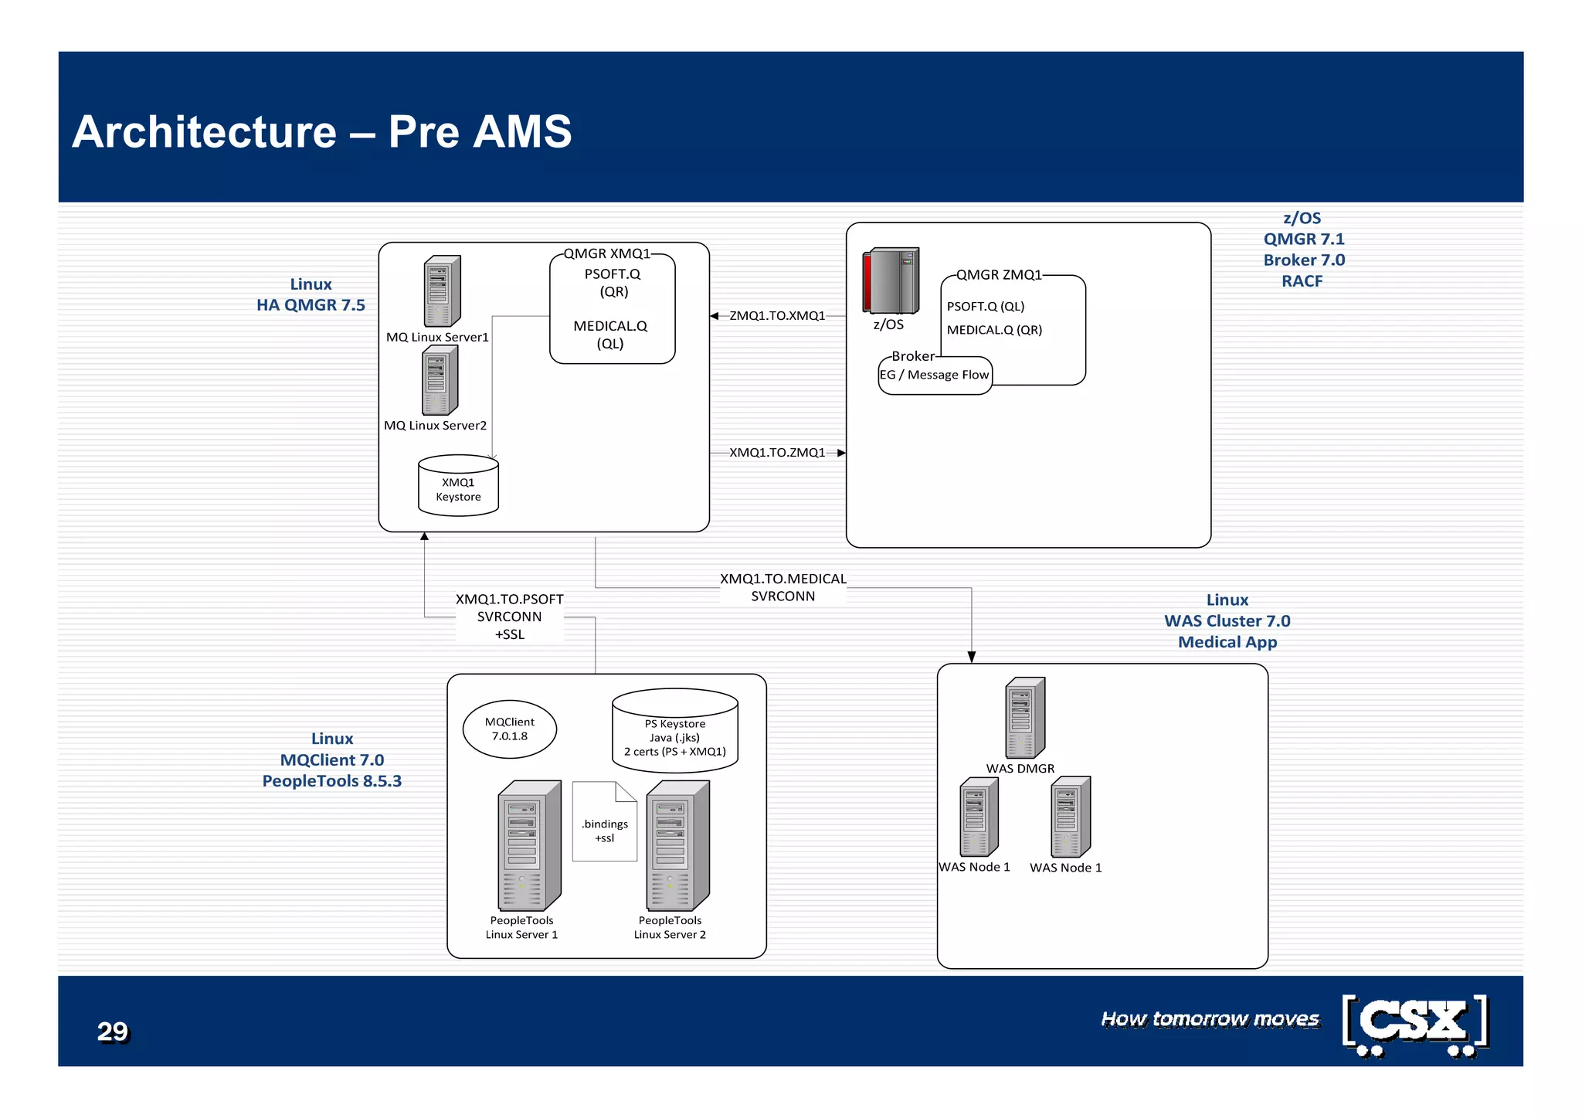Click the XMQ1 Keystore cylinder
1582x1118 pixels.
pos(458,486)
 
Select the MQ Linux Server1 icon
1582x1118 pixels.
pos(442,291)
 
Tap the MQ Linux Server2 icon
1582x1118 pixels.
pos(440,381)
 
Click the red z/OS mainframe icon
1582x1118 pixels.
pos(891,280)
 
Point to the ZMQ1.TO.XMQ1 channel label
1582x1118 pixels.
pos(777,316)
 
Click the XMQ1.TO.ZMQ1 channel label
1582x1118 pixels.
pos(777,453)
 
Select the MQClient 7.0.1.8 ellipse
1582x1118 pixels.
pos(510,729)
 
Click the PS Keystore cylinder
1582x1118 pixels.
pos(675,732)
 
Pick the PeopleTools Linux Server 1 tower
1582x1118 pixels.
pos(529,846)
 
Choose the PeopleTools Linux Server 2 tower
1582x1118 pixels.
pos(677,846)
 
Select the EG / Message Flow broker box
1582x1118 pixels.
pos(935,375)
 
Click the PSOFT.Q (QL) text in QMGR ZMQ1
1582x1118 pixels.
pos(986,307)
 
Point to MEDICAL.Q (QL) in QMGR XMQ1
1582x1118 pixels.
pos(610,335)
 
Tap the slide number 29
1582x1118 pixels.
pos(113,1031)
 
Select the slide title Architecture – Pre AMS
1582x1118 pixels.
pos(322,131)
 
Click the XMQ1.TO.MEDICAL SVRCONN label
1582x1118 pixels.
pos(783,588)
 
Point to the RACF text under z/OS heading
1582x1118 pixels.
pos(1302,281)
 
